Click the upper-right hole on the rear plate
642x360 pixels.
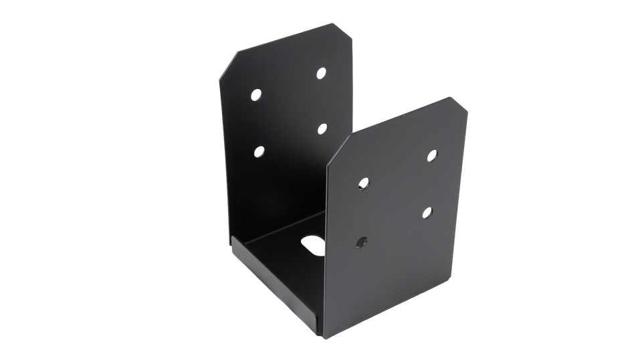tap(322, 72)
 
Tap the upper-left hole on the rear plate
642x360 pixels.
tap(257, 94)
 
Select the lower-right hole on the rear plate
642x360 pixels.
tap(322, 128)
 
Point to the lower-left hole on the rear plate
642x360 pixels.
tap(258, 151)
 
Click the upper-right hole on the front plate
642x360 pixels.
tap(432, 156)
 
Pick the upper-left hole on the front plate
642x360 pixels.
tap(364, 182)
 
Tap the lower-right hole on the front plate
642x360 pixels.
tap(428, 212)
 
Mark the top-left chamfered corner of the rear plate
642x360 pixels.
tap(230, 61)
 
